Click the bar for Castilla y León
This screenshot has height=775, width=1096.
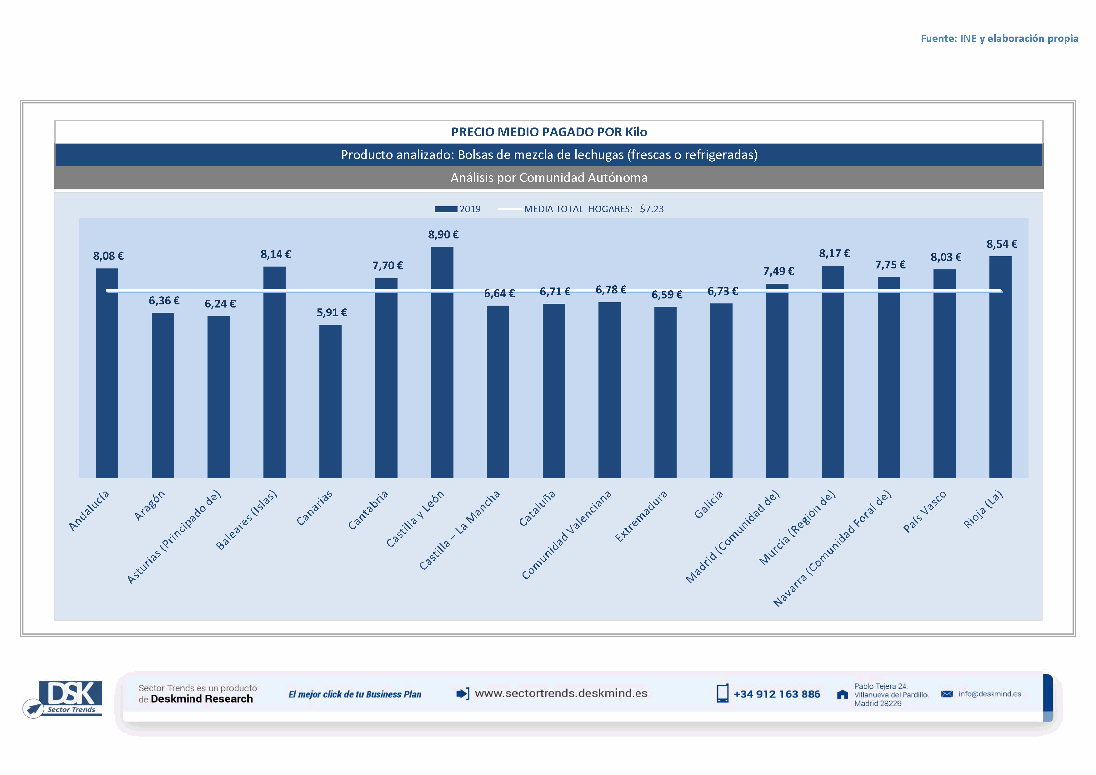(x=442, y=363)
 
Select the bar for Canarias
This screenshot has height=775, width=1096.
(x=330, y=401)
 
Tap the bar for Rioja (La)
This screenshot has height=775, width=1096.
(x=1000, y=367)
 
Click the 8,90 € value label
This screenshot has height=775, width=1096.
(x=443, y=235)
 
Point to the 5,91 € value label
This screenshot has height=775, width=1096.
(x=332, y=312)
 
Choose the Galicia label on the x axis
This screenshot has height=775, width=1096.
(x=708, y=504)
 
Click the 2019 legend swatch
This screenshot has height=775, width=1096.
(x=446, y=209)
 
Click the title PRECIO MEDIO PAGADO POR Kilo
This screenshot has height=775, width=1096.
(x=549, y=132)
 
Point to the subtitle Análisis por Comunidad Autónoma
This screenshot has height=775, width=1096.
(x=549, y=177)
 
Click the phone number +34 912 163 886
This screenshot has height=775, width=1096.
(x=777, y=694)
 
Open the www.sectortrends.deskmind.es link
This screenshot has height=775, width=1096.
(x=561, y=693)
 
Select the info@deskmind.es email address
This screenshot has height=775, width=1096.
(x=989, y=694)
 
